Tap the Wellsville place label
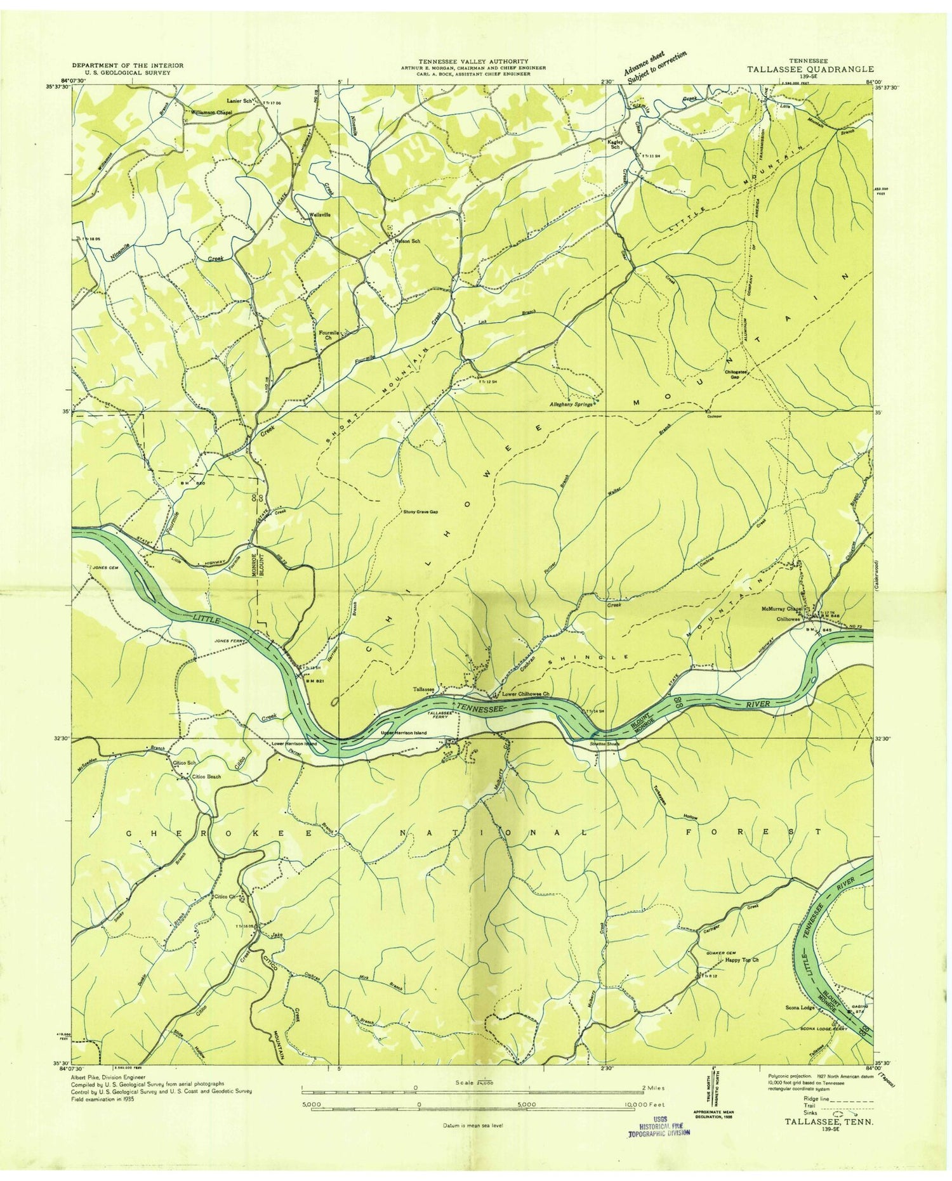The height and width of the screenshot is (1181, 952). pos(319,214)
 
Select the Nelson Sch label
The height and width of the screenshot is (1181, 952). pos(407,241)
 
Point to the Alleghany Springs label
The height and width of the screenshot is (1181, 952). pos(571,403)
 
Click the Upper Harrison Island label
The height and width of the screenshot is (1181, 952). pos(403,733)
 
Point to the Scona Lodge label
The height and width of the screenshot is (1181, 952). pos(799,1007)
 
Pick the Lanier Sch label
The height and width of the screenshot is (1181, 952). pos(241,101)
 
